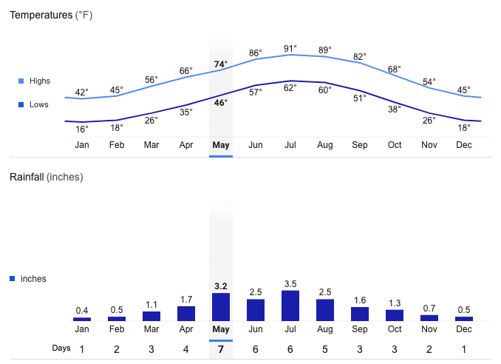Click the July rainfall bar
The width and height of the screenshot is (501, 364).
point(290,306)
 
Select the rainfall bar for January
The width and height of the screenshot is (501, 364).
point(82,319)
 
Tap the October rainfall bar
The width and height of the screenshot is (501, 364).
point(395,315)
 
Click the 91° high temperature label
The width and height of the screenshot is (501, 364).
point(290,49)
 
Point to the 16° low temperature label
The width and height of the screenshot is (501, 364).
point(82,129)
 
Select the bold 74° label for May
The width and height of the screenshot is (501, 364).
point(221,64)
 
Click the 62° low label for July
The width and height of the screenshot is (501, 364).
point(290,87)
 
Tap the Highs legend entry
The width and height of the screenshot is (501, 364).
point(35,81)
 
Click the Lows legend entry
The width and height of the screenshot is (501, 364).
point(33,104)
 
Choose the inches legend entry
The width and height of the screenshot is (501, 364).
point(28,279)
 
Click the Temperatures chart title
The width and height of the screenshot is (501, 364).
point(51,15)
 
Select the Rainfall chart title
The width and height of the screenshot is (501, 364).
point(47,177)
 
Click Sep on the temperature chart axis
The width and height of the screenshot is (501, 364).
point(359,145)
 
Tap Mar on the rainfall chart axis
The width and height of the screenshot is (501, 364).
point(151,329)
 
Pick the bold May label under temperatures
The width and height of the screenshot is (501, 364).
point(221,145)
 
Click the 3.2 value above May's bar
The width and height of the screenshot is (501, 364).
point(221,286)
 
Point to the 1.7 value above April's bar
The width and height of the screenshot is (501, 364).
point(186,300)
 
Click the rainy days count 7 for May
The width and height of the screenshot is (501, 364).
point(221,349)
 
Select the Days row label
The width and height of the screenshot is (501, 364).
point(61,348)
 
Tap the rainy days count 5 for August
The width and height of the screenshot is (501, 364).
point(325,349)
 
